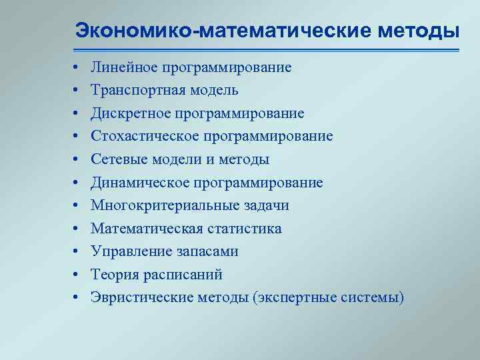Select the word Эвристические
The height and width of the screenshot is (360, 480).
click(x=143, y=297)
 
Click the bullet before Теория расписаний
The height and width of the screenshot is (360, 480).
click(x=77, y=275)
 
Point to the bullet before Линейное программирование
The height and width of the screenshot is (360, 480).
click(x=77, y=68)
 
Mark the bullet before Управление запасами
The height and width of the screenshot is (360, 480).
click(x=77, y=252)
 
